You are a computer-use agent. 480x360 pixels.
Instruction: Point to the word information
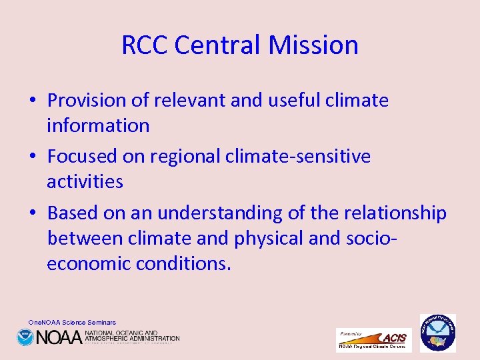coord(98,125)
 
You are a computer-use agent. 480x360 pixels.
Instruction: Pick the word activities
coord(85,181)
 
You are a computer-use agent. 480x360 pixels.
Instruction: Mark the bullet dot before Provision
coord(33,101)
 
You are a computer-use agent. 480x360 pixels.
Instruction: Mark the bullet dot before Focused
coord(33,157)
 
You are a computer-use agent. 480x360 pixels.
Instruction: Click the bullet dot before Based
coord(33,214)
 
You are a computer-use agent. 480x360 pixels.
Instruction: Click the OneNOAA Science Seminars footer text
coord(72,322)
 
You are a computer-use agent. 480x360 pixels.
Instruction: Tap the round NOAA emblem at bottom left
coord(25,337)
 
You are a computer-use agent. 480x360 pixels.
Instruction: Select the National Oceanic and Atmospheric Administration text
coord(131,336)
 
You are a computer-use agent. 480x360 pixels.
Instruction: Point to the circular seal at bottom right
coord(437,333)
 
